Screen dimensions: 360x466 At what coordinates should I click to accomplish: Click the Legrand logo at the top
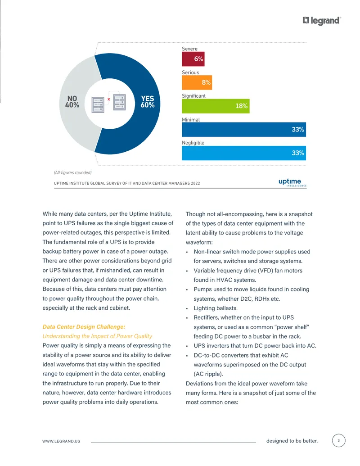click(x=322, y=21)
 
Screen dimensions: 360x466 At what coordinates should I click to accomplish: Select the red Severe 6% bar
click(x=193, y=59)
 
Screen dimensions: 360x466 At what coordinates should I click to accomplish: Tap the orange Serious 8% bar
click(x=197, y=82)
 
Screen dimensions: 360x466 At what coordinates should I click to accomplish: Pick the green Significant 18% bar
click(x=216, y=106)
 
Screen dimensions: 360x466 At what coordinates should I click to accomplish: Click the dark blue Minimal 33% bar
click(x=244, y=130)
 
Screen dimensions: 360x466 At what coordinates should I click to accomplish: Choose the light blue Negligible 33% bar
click(x=244, y=153)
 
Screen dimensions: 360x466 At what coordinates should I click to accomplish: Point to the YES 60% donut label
click(x=148, y=102)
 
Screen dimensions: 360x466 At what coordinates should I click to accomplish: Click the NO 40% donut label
click(x=72, y=102)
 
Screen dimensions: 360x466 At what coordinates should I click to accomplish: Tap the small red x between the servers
click(x=109, y=99)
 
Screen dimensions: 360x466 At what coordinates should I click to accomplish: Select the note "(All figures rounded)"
click(x=72, y=173)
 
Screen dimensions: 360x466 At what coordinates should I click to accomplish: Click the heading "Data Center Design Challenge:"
click(x=84, y=326)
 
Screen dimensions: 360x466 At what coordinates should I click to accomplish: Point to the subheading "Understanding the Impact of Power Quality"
click(x=97, y=336)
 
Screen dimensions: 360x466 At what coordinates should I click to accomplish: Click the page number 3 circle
click(x=338, y=440)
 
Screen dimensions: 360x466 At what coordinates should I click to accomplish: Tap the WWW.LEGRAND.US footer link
click(x=61, y=441)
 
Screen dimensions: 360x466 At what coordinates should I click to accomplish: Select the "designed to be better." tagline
click(x=292, y=441)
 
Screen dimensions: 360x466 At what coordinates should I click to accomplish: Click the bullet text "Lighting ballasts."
click(x=216, y=308)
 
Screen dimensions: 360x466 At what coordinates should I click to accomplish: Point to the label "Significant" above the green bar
click(x=193, y=96)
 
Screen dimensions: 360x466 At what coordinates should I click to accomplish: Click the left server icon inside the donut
click(x=98, y=104)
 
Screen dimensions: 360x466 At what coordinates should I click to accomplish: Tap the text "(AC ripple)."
click(x=208, y=374)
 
